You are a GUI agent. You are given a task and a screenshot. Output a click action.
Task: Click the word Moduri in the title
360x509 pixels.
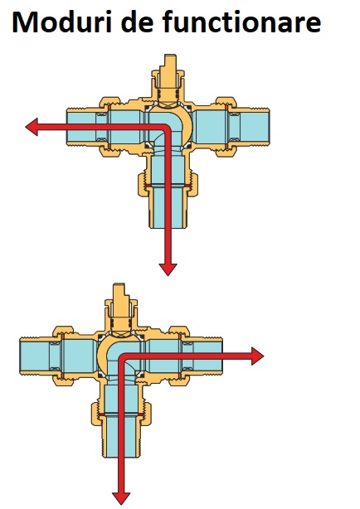[x=62, y=22]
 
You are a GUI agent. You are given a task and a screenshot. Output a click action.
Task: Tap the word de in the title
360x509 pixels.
[x=138, y=22]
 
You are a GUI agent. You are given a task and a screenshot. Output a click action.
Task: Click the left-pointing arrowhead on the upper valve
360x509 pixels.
[x=32, y=127]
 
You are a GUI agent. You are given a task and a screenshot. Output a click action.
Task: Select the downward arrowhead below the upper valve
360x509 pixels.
[x=168, y=269]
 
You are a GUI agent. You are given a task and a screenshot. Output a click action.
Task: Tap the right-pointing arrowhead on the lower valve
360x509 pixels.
[x=258, y=356]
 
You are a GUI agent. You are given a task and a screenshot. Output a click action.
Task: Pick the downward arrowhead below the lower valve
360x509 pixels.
[x=121, y=498]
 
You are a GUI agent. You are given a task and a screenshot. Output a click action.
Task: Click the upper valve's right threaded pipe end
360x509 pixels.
[x=255, y=127]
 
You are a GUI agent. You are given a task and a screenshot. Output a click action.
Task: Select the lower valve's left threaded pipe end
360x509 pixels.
[x=35, y=356]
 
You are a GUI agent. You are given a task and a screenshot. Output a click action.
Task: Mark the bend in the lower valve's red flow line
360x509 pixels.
[x=122, y=356]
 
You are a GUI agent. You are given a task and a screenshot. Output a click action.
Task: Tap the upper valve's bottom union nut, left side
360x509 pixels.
[x=143, y=185]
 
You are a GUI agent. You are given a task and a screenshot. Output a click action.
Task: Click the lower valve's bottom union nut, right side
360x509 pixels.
[x=147, y=414]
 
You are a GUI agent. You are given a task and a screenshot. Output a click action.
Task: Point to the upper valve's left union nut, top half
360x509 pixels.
[x=110, y=103]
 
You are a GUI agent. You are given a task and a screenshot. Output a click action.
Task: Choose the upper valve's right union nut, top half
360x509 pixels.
[x=226, y=103]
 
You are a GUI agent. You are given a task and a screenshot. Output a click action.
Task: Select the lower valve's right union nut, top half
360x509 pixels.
[x=180, y=332]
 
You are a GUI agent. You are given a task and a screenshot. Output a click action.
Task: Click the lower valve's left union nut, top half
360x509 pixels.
[x=64, y=332]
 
